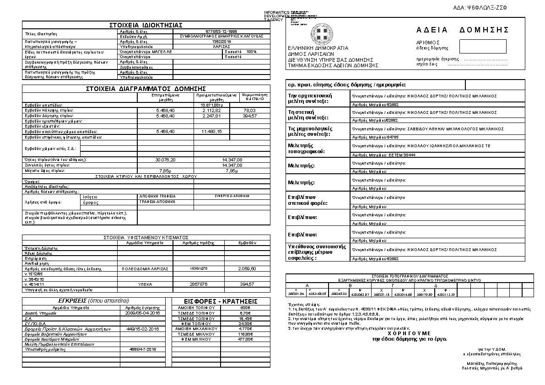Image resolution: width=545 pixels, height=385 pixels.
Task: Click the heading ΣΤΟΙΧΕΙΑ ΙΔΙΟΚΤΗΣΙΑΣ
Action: click(x=146, y=25)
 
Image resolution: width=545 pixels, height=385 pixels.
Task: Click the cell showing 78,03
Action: click(x=249, y=111)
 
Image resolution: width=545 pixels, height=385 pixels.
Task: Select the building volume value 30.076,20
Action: click(x=165, y=160)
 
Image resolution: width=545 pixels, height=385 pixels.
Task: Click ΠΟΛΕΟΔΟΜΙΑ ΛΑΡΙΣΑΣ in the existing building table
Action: click(x=145, y=269)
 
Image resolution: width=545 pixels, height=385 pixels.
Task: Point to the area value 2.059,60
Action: click(x=247, y=269)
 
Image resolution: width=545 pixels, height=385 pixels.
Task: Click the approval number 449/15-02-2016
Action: click(x=142, y=329)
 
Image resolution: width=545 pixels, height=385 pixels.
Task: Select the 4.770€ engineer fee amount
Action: click(x=233, y=329)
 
